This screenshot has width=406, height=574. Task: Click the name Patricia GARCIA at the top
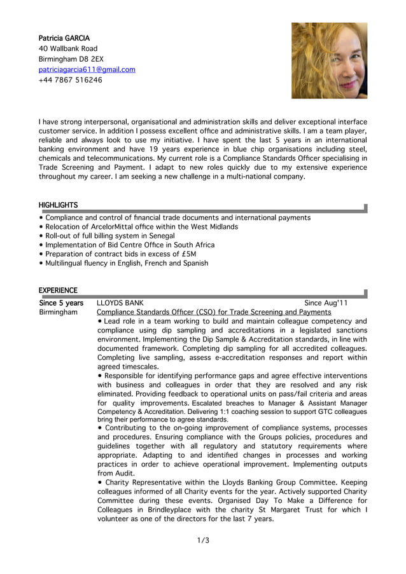coord(64,38)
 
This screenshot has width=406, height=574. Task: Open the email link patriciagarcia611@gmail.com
coord(87,69)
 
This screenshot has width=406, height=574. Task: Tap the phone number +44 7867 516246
coord(70,80)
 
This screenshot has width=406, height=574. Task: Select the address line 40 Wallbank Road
coord(68,48)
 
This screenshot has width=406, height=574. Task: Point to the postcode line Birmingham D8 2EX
coord(72,59)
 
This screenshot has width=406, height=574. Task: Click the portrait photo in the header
coord(329,61)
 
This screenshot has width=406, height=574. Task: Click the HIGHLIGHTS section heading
coord(58,205)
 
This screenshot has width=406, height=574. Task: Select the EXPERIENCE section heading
coord(58,290)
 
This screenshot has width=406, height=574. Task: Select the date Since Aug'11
coord(326,303)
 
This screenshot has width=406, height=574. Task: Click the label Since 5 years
coord(61,303)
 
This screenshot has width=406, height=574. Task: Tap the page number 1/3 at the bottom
coord(203,541)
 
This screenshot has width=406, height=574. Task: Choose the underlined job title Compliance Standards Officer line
coord(214,312)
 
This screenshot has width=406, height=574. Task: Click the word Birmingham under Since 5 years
coord(58,313)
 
